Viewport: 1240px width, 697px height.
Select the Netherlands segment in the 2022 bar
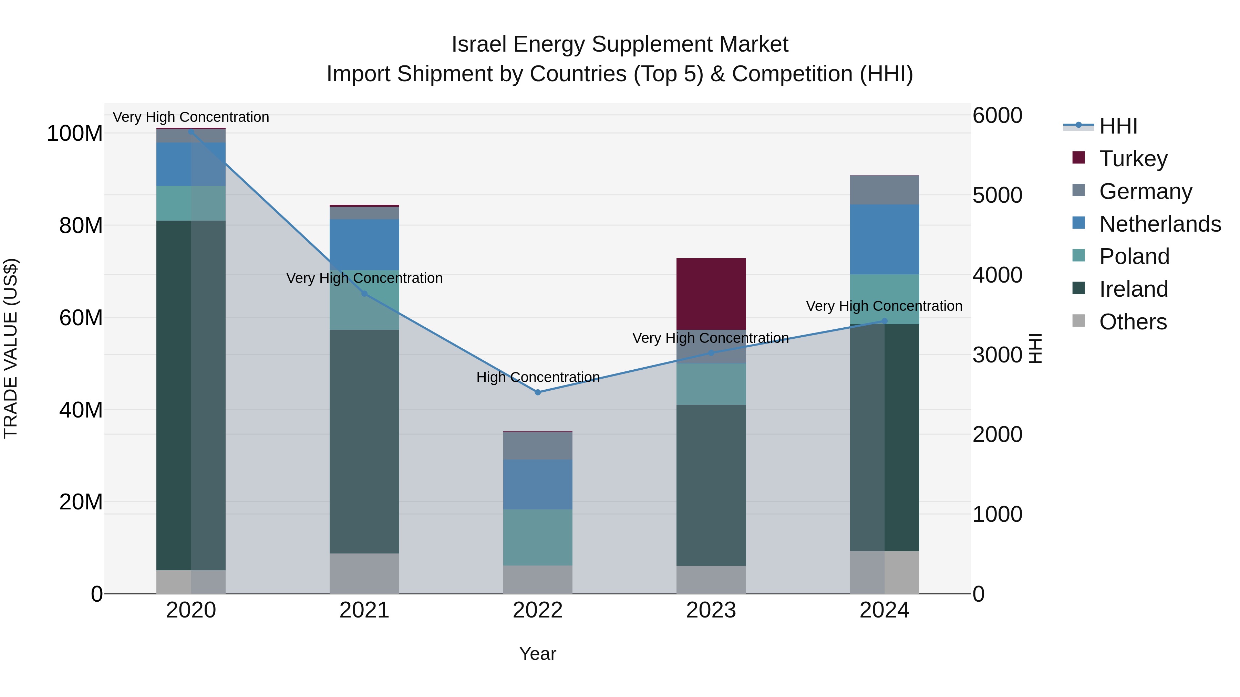click(x=538, y=484)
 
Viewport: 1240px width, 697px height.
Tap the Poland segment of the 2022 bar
click(x=538, y=537)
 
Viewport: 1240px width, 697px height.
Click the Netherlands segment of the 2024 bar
click(x=884, y=239)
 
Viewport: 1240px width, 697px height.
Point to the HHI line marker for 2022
click(x=538, y=392)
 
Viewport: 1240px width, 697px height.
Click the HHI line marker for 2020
click(x=191, y=131)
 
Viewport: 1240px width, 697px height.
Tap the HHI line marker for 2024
click(x=884, y=321)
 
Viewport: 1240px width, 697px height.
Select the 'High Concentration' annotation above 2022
click(x=538, y=377)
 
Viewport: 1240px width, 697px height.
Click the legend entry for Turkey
click(x=1133, y=158)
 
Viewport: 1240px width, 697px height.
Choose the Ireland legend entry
click(x=1133, y=289)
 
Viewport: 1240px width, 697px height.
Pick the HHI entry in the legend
click(x=1118, y=126)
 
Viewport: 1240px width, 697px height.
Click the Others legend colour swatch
click(x=1079, y=321)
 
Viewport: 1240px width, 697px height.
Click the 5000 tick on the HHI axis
click(x=997, y=195)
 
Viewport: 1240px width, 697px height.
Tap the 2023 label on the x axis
click(x=711, y=610)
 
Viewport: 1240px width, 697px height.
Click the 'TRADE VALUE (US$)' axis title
click(x=11, y=348)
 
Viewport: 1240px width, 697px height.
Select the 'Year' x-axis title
click(x=538, y=654)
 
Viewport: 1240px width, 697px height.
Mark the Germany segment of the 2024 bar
click(x=884, y=190)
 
